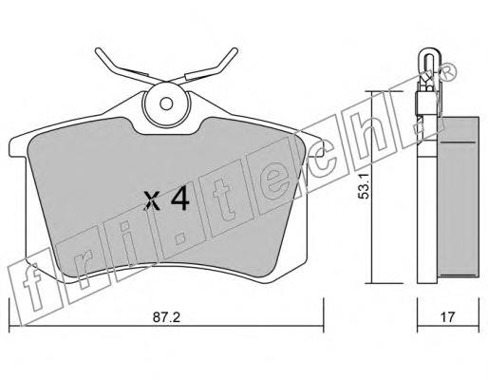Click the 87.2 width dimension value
[x=166, y=317]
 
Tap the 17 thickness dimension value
[x=448, y=317]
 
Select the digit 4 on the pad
[x=179, y=200]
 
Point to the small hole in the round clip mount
[x=166, y=104]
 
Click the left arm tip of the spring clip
[x=98, y=50]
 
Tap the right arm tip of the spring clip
[x=235, y=50]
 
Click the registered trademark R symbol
[x=448, y=73]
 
